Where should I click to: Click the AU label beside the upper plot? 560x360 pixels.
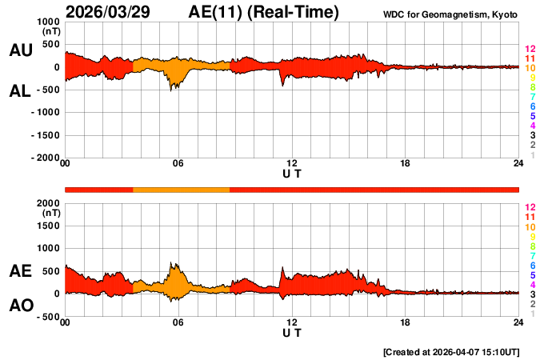20,50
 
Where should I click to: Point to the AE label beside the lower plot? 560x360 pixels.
20,271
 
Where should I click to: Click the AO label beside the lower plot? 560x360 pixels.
20,305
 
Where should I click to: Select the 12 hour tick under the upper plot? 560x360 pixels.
292,164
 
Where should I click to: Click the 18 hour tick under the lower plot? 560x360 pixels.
406,322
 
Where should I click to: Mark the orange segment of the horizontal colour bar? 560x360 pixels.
181,189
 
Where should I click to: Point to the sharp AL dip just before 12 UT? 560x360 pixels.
282,83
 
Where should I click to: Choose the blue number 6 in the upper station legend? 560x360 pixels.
530,106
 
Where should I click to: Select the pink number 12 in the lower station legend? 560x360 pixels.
530,206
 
